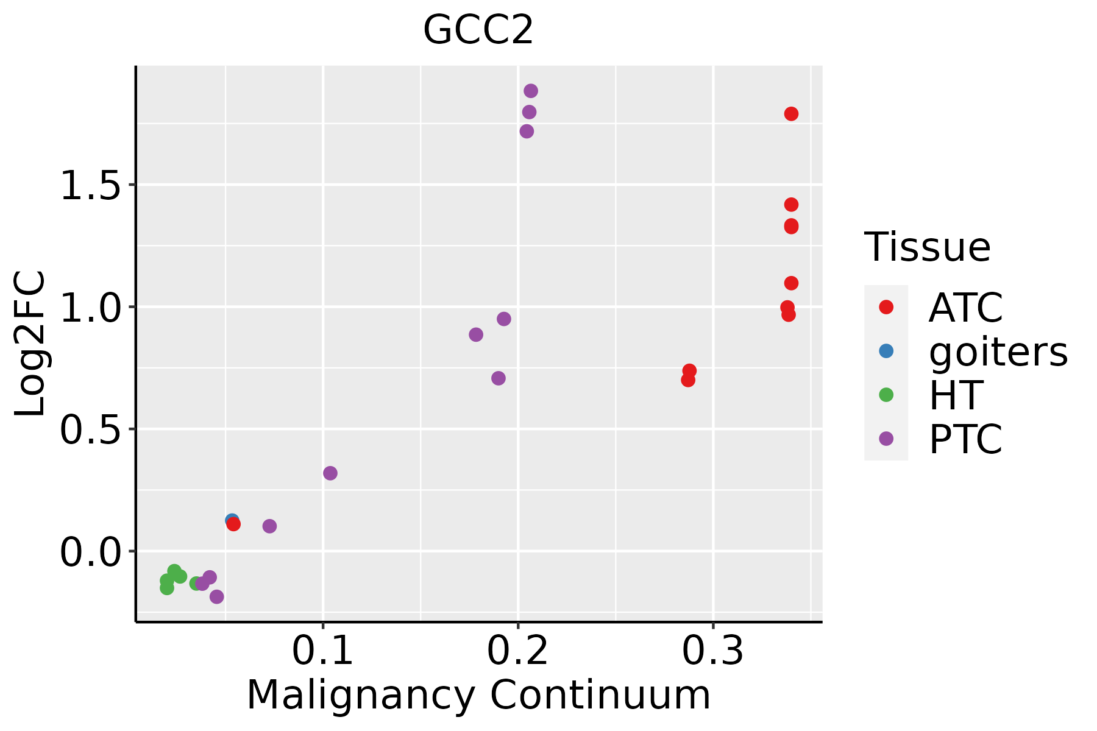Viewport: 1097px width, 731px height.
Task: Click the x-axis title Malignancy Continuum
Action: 478,695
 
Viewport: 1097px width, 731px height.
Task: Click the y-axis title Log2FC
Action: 30,343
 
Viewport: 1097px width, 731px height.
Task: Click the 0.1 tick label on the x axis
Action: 323,651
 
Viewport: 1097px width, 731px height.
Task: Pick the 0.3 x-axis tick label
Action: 712,651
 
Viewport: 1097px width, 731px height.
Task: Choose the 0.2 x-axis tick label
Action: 517,651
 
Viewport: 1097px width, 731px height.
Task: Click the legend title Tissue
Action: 928,247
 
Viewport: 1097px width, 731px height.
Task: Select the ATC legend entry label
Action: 965,308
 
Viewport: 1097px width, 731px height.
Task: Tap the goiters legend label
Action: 998,351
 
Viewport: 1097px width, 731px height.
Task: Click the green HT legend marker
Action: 886,395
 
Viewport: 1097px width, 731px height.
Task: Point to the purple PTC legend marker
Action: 886,439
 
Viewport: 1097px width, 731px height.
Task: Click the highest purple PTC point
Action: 531,91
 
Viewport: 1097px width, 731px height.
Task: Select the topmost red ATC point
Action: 791,114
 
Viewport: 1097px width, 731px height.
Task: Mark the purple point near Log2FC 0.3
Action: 330,473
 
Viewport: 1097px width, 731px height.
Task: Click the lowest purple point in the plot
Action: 216,596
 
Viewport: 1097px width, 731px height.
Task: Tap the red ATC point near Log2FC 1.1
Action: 791,283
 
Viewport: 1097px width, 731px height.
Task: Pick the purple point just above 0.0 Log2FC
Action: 269,526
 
